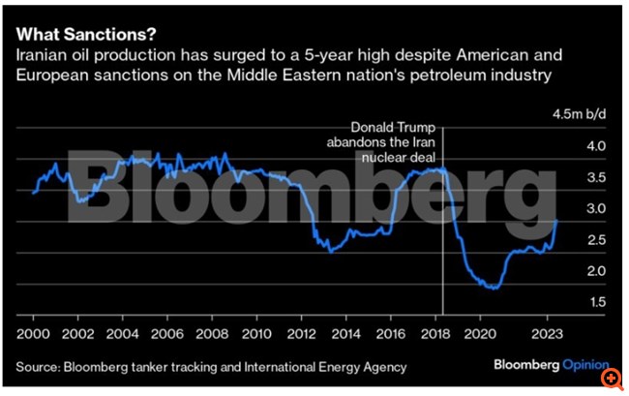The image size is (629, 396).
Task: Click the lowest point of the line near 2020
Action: [494, 289]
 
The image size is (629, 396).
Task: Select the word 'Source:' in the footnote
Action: [39, 367]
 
